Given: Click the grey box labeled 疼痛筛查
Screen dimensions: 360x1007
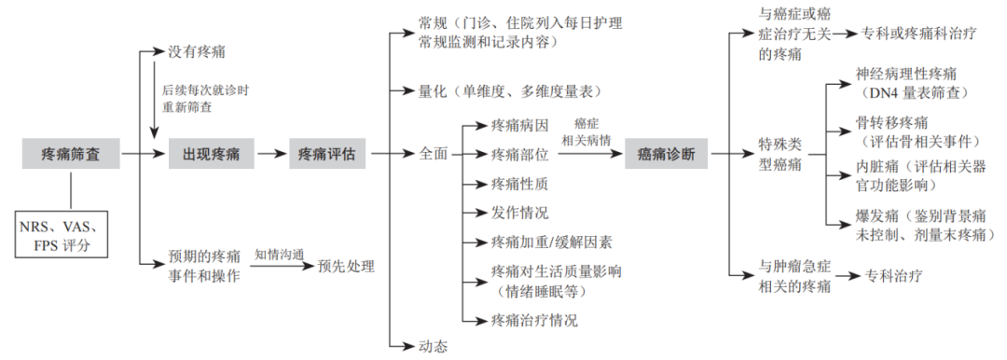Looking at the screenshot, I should click(x=71, y=154).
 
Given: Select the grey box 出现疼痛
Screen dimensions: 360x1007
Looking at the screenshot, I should click(x=204, y=154).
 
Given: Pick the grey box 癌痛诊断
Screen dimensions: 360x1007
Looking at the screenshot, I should click(x=667, y=154).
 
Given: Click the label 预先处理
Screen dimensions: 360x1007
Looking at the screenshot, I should click(x=346, y=266).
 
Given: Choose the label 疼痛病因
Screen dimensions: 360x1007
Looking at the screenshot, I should click(x=520, y=124).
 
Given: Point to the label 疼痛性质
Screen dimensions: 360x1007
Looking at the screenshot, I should click(x=520, y=183).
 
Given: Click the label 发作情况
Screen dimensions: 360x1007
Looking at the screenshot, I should click(x=520, y=213).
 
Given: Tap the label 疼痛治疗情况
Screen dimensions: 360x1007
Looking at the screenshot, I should click(x=534, y=321).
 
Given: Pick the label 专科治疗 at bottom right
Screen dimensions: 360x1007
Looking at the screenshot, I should click(x=892, y=276).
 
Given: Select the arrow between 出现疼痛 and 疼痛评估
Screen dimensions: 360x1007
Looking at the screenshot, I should click(x=269, y=154).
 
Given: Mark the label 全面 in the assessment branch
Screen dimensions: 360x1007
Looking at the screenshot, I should click(x=434, y=154).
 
